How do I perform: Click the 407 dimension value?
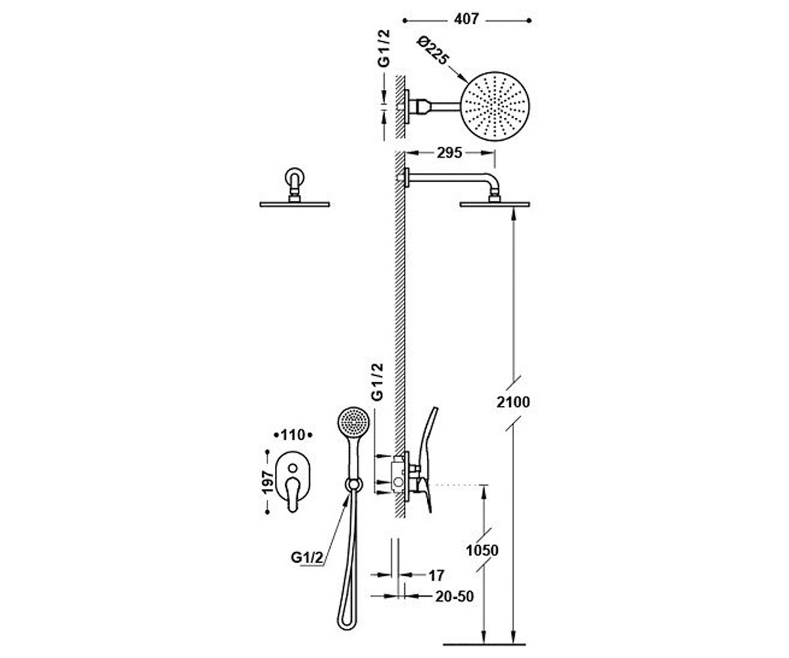pos(466,19)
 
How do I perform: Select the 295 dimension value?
pos(449,153)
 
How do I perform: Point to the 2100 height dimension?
pos(513,402)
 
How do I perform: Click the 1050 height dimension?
pos(482,550)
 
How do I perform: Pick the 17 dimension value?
pos(436,576)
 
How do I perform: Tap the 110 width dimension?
pos(293,435)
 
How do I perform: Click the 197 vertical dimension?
pos(268,482)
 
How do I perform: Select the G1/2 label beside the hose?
pos(307,557)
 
